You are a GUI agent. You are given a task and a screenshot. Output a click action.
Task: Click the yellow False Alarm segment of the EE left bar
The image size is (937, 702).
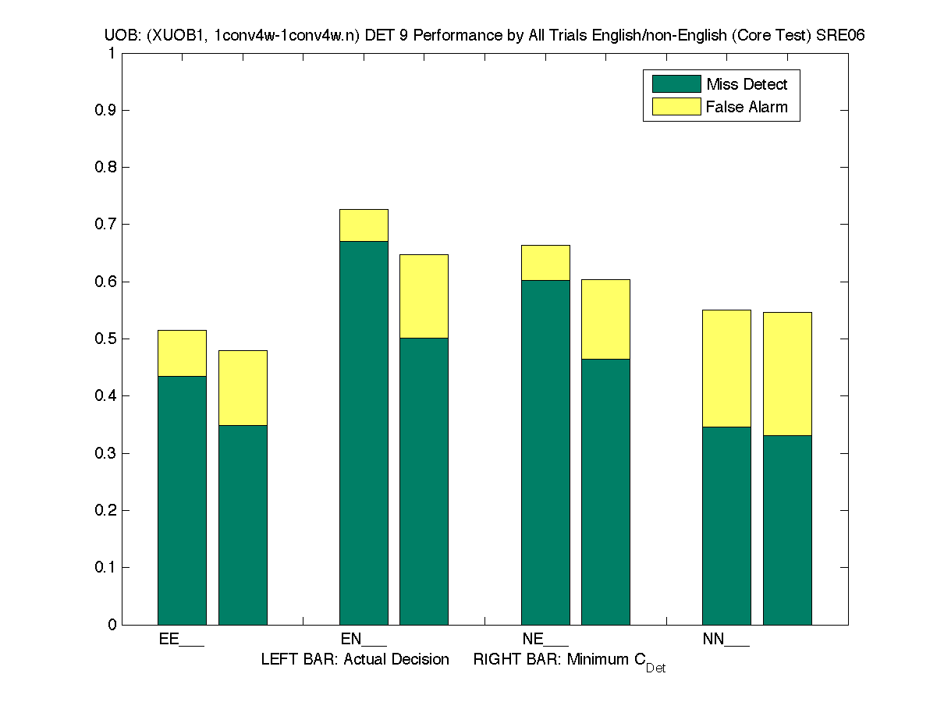(182, 353)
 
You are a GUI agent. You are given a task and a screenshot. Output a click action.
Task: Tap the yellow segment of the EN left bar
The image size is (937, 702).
(364, 225)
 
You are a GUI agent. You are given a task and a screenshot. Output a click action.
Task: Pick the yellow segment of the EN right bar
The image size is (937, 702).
(424, 296)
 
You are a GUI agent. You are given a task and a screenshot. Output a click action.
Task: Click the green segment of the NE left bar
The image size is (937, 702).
(545, 452)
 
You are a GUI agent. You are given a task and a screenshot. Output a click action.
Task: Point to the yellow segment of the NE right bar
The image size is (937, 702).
(605, 319)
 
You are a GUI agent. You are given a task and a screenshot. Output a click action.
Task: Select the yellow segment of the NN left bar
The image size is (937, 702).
(726, 368)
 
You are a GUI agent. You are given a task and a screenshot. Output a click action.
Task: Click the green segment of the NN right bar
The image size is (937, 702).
(787, 530)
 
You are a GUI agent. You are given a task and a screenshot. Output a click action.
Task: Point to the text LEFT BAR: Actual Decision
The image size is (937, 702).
(355, 660)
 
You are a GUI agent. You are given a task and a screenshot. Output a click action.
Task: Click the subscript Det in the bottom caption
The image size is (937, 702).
(655, 668)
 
